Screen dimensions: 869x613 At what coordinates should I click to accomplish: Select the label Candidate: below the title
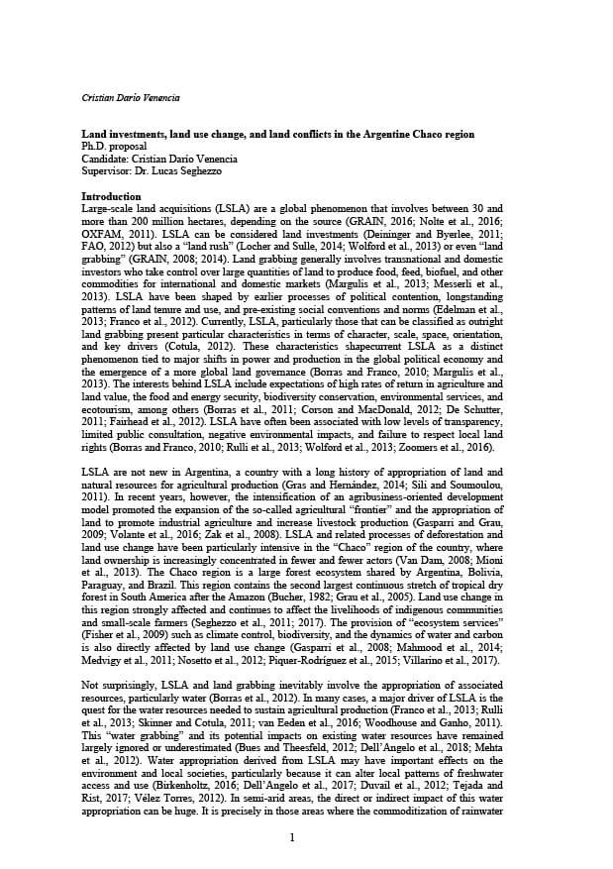(x=103, y=158)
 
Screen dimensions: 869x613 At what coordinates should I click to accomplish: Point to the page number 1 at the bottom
(x=292, y=838)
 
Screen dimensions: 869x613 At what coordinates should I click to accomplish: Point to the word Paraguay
(x=106, y=559)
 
